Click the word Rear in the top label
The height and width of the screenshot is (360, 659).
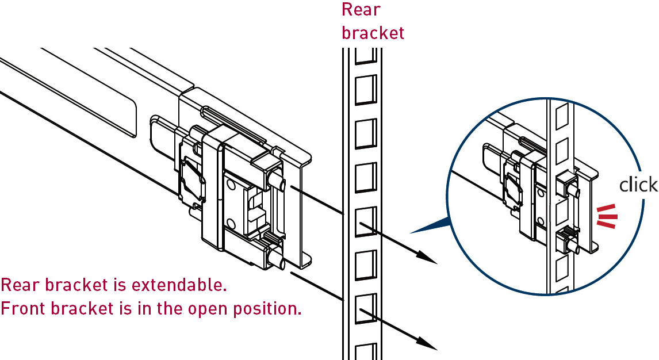pyautogui.click(x=361, y=10)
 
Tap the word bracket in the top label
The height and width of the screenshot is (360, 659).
pyautogui.click(x=373, y=32)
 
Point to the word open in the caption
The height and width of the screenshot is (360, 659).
pyautogui.click(x=209, y=309)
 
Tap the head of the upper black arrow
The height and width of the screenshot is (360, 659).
pyautogui.click(x=428, y=259)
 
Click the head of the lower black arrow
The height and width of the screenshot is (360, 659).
pyautogui.click(x=428, y=345)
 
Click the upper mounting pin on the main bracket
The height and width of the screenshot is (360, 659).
pyautogui.click(x=277, y=181)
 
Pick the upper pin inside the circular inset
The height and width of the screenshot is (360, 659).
pyautogui.click(x=573, y=187)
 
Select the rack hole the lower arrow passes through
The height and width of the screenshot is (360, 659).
pyautogui.click(x=365, y=309)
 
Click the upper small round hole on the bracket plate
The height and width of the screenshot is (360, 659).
pyautogui.click(x=231, y=185)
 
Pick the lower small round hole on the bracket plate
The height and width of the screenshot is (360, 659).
pyautogui.click(x=231, y=223)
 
